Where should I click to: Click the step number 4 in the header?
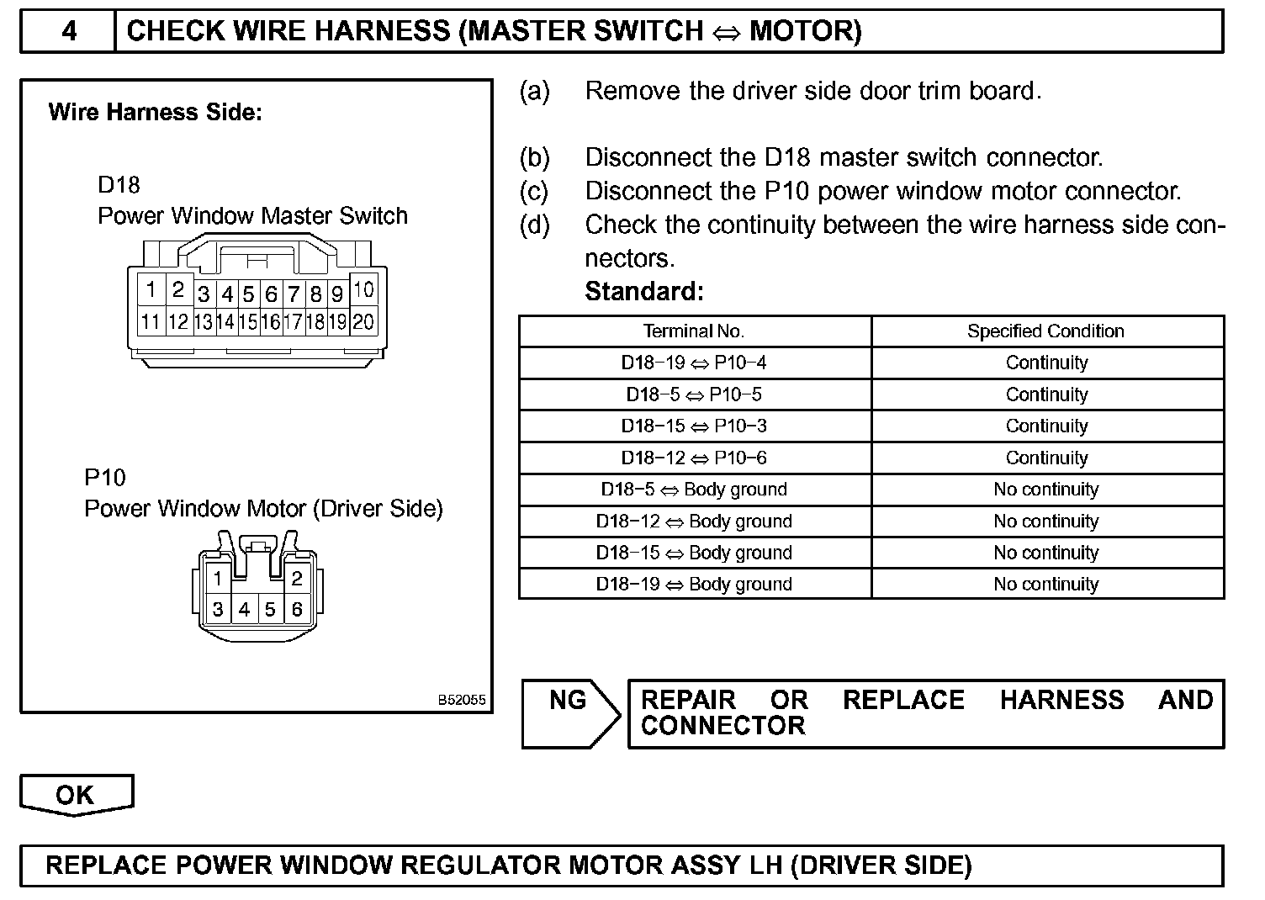click(69, 31)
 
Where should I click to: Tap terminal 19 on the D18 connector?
click(337, 321)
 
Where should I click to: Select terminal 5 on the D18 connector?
click(248, 294)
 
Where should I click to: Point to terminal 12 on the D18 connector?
click(177, 321)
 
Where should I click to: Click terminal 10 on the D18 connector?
click(363, 291)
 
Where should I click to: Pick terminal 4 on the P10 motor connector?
click(244, 609)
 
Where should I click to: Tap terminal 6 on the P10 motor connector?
click(297, 609)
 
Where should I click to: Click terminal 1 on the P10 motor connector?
click(217, 579)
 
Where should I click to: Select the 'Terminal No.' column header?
click(694, 331)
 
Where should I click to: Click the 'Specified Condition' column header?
click(1045, 331)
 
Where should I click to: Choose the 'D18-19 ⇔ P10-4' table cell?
click(694, 363)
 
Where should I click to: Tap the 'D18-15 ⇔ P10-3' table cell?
click(694, 426)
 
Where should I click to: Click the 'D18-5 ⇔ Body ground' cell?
click(694, 490)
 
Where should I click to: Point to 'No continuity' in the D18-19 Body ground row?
click(1045, 585)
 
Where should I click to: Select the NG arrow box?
click(570, 713)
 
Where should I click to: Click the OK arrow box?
click(76, 795)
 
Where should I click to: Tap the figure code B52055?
click(461, 700)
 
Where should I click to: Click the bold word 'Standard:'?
click(643, 292)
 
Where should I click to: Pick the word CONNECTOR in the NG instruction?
click(722, 726)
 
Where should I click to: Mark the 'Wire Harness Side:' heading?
click(156, 113)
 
